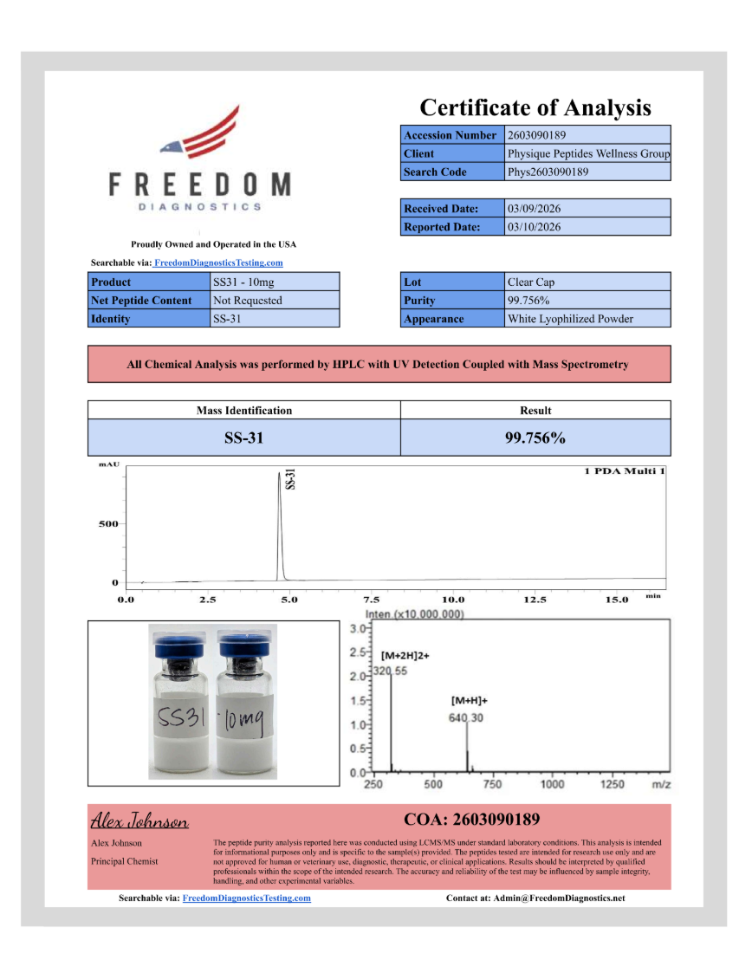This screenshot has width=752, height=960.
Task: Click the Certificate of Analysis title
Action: click(x=535, y=107)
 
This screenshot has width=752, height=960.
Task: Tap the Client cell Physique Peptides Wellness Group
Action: click(x=587, y=153)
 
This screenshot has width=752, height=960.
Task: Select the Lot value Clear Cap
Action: click(x=531, y=282)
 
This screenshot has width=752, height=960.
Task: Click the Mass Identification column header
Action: click(x=243, y=410)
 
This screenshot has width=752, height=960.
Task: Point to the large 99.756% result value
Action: click(x=535, y=438)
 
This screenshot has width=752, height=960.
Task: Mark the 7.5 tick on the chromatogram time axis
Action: click(x=371, y=599)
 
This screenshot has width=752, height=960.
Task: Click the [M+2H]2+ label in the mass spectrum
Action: click(x=405, y=656)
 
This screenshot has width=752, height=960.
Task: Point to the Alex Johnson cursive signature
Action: click(x=139, y=821)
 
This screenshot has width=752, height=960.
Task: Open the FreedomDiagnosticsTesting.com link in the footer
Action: click(x=246, y=898)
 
